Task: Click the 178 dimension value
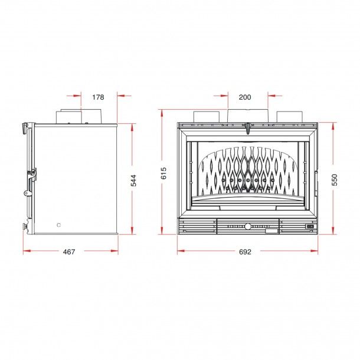[99, 97]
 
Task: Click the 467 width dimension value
[69, 252]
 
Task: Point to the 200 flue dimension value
[245, 97]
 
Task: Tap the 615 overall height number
[164, 174]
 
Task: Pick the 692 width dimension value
[246, 252]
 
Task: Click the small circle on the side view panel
[58, 225]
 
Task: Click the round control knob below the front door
[248, 226]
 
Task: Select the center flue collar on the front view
[248, 116]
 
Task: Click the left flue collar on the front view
[205, 117]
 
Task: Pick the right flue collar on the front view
[290, 117]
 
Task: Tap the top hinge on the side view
[25, 126]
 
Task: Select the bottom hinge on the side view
[25, 226]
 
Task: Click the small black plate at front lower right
[308, 226]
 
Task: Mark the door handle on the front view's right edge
[318, 179]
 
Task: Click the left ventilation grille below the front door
[197, 226]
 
